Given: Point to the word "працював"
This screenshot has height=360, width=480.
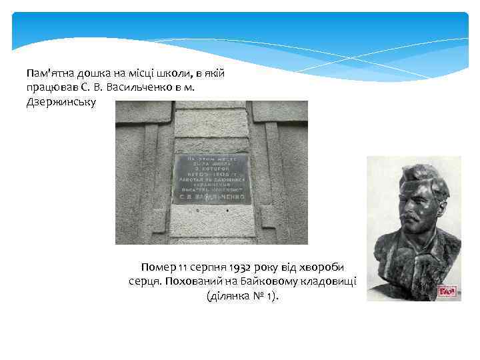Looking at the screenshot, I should (x=51, y=88).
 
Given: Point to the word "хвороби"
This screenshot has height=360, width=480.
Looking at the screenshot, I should (x=327, y=267).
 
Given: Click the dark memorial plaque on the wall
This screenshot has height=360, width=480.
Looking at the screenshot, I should (x=211, y=179).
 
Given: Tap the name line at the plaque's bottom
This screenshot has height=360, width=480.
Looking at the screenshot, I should (x=211, y=198).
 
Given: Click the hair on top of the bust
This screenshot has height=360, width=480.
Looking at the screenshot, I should (x=417, y=172).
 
